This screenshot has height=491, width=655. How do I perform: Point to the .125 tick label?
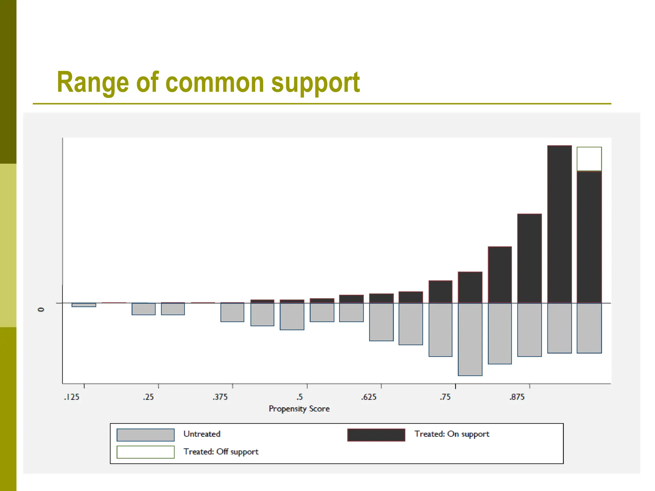tap(72, 397)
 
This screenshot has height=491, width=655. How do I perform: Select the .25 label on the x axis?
tap(148, 397)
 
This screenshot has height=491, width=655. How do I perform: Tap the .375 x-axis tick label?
tap(220, 397)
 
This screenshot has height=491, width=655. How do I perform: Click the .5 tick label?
tap(299, 397)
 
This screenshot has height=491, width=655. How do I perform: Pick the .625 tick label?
tap(369, 397)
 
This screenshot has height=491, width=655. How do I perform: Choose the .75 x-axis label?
tap(445, 397)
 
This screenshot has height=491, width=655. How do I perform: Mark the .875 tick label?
tap(517, 397)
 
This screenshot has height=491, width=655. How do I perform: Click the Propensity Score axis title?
tap(299, 409)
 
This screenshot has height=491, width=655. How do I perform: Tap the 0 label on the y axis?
tap(41, 309)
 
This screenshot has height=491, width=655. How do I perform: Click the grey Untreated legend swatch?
tap(146, 435)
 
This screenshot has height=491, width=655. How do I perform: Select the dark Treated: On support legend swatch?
tap(376, 435)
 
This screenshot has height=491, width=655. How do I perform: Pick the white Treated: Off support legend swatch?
tap(146, 452)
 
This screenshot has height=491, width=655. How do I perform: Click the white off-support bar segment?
tap(589, 159)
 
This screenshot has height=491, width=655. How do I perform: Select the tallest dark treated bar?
tap(559, 224)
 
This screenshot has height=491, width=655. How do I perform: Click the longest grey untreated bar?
tap(470, 339)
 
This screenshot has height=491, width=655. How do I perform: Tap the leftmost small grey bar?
tap(84, 305)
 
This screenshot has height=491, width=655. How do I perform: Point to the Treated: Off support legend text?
tap(221, 452)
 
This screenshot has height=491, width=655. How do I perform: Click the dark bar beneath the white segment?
tap(589, 237)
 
